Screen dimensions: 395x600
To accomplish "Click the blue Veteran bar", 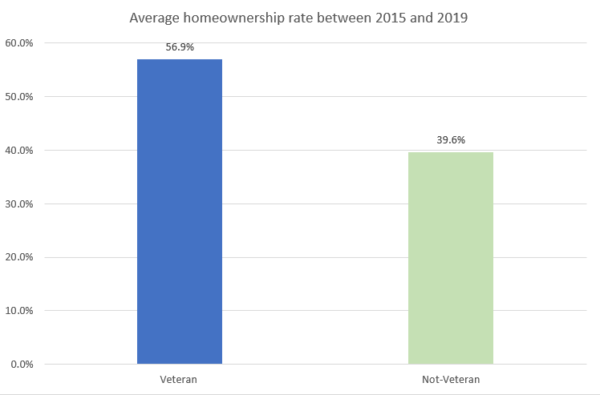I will tap(180, 212).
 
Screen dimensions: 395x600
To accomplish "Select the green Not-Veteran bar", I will tap(450, 258).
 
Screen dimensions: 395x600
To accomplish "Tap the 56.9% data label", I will tap(180, 46).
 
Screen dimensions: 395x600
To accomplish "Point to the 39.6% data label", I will tap(450, 139).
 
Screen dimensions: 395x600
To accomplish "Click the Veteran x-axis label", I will tap(180, 378).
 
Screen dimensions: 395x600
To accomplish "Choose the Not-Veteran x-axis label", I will tap(450, 378).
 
